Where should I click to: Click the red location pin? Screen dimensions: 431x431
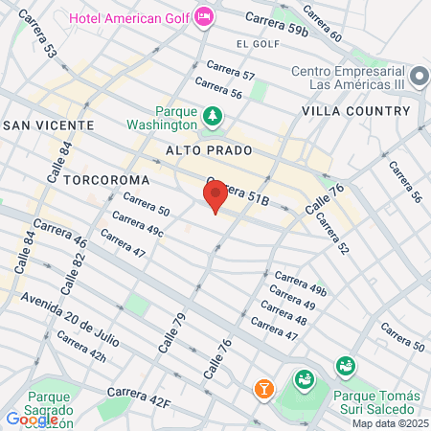point(215,195)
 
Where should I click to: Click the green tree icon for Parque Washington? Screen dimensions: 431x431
point(212,118)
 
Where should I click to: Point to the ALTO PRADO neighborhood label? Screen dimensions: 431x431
point(208,150)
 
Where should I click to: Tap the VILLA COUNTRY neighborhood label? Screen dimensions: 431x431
point(355,111)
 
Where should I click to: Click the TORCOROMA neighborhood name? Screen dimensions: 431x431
point(107,179)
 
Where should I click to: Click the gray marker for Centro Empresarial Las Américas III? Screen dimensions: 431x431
point(418,76)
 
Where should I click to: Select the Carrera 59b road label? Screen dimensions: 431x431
point(277,25)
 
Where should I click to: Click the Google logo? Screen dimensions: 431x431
point(32,419)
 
